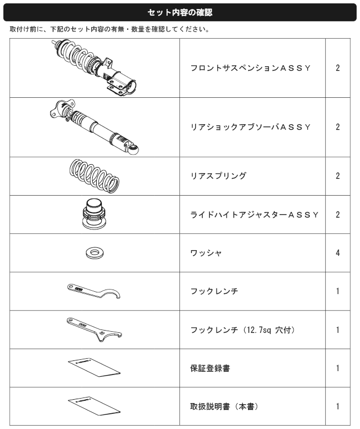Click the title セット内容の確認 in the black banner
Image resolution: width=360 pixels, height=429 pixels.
tap(180, 12)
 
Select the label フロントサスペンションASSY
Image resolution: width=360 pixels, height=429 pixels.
tap(250, 68)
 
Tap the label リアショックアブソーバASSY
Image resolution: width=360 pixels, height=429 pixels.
tap(250, 127)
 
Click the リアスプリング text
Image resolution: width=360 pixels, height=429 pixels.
tap(218, 175)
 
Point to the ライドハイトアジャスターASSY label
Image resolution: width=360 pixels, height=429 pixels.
tap(255, 215)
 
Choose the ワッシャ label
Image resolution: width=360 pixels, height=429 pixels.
tap(206, 253)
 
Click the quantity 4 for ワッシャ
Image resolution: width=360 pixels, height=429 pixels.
tap(338, 253)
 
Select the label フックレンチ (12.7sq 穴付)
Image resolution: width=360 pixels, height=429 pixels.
tap(243, 330)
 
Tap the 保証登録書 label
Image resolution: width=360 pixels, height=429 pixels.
tap(210, 368)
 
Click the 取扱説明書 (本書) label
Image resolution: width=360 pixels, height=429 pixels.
tap(224, 407)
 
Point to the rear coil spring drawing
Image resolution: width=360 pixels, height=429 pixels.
tap(94, 176)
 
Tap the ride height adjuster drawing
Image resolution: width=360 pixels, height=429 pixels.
tap(94, 214)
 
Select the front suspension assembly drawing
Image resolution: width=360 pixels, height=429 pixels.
tap(94, 68)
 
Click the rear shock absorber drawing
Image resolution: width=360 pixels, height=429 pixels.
tap(94, 127)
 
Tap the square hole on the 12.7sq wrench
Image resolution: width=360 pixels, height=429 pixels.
tap(102, 333)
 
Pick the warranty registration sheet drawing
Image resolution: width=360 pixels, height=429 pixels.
tap(94, 368)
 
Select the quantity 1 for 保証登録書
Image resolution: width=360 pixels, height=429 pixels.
tap(338, 368)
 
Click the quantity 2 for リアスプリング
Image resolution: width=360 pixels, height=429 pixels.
tap(338, 175)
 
